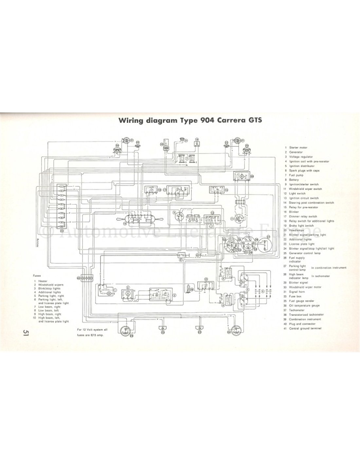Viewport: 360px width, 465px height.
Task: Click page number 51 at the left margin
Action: [x=26, y=334]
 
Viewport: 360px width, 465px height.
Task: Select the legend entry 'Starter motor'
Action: [x=298, y=147]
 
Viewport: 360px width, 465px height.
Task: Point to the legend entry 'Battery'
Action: [x=294, y=180]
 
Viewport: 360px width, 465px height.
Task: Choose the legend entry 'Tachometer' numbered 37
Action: [x=297, y=310]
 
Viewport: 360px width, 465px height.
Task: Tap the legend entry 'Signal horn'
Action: [x=297, y=291]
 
